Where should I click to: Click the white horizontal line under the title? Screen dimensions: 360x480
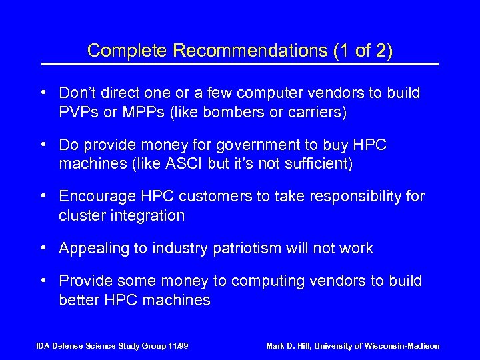[240, 64]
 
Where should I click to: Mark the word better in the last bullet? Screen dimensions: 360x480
[79, 300]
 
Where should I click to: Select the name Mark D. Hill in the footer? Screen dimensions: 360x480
[289, 346]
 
